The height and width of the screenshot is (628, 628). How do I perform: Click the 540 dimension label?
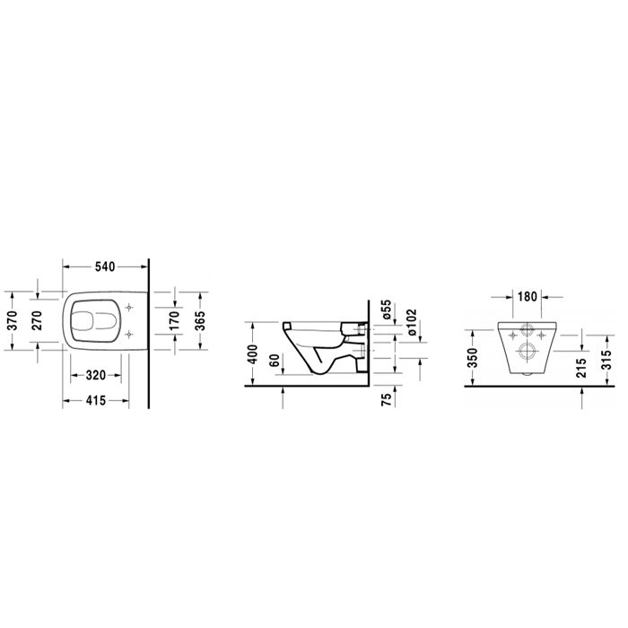[105, 266]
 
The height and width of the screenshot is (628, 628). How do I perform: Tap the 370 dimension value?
[13, 320]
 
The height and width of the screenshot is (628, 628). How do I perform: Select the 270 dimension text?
[37, 320]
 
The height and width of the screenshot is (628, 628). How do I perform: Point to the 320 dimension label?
[96, 375]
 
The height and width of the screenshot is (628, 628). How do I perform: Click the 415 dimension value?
[96, 400]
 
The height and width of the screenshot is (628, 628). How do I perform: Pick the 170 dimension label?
[174, 320]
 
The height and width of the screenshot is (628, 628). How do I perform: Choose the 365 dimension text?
[199, 320]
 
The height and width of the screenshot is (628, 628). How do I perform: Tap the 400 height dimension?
[253, 354]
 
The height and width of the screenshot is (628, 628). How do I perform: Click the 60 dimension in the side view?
[274, 361]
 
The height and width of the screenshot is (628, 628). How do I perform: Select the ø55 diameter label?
[386, 309]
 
